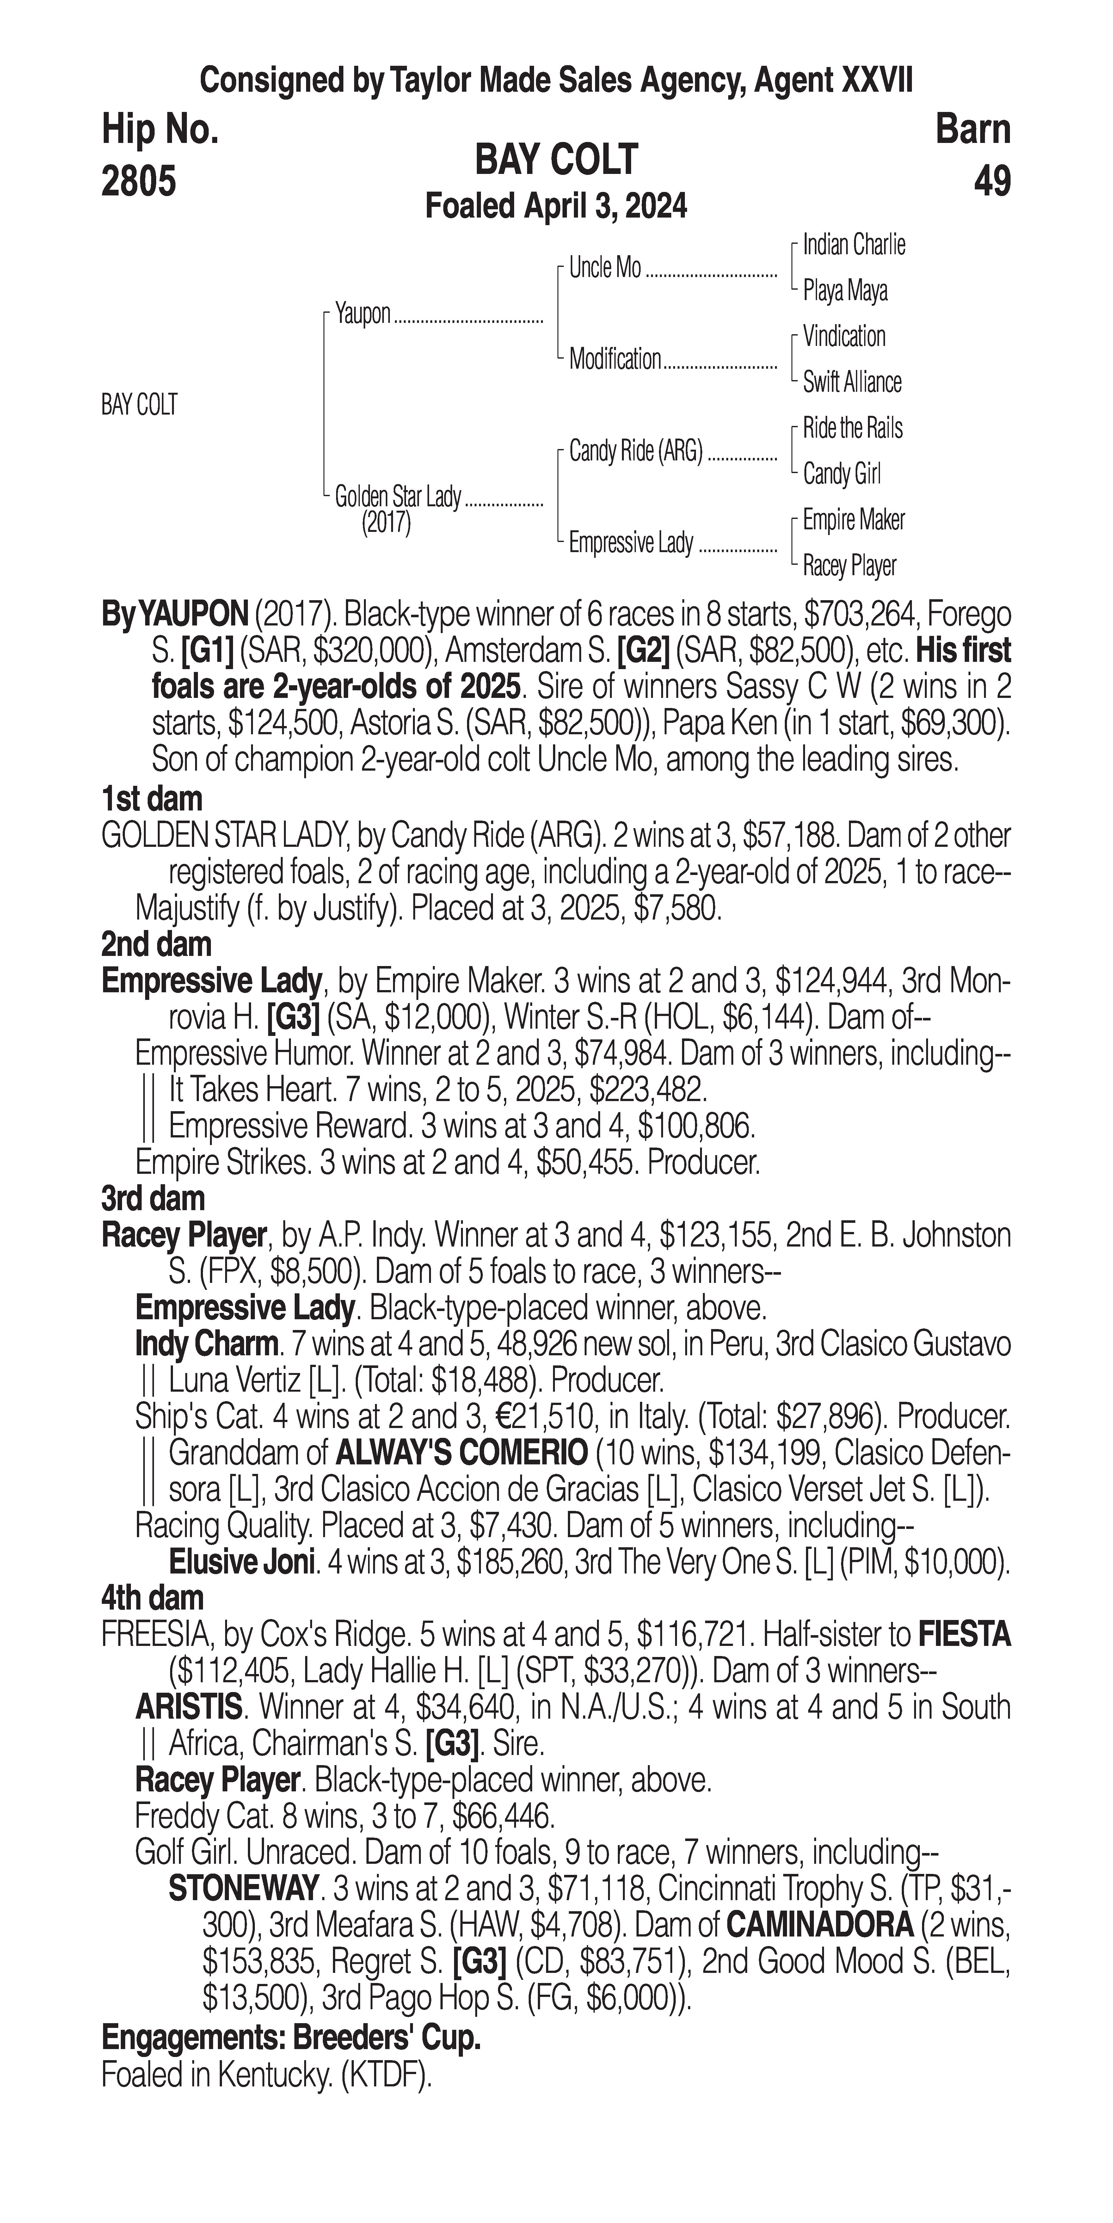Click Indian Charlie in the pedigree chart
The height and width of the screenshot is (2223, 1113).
[x=853, y=245]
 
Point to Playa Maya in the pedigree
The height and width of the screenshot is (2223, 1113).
[x=845, y=291]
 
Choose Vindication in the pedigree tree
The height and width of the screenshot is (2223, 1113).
[x=844, y=336]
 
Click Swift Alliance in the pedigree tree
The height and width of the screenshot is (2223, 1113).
[x=852, y=382]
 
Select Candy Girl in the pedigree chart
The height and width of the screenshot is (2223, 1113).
[x=841, y=474]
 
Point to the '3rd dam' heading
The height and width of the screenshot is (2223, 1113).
[x=153, y=1199]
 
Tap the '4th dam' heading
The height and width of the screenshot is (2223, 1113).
[x=153, y=1598]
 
